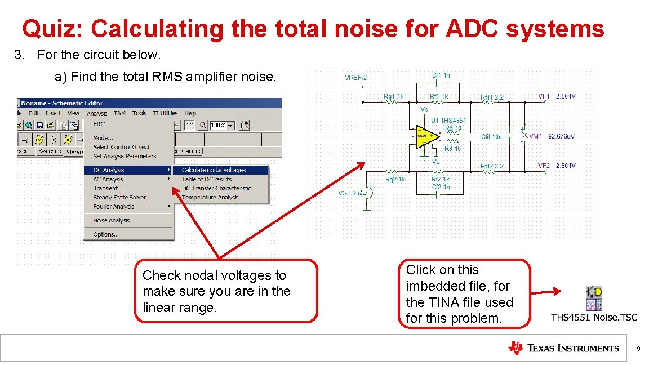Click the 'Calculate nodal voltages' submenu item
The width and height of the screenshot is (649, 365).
click(x=214, y=170)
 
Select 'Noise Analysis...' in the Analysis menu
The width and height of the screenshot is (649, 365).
click(x=113, y=221)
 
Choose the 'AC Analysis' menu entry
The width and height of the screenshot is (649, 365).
click(x=108, y=179)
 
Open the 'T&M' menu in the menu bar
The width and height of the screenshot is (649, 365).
click(x=119, y=113)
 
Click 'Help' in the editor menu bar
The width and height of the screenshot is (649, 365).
click(x=190, y=113)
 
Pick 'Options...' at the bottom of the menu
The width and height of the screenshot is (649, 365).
click(x=105, y=234)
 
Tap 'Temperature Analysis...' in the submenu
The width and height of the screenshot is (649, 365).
click(x=212, y=198)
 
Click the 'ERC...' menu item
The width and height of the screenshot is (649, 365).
click(x=101, y=124)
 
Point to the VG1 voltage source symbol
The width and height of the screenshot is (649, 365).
click(x=367, y=193)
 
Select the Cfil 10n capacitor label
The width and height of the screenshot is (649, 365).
click(x=491, y=137)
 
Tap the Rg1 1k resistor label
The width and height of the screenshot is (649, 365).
click(x=393, y=97)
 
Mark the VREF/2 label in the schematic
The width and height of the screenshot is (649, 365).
click(x=355, y=78)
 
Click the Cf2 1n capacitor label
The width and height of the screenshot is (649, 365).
click(x=441, y=186)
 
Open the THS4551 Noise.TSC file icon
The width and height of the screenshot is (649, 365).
click(x=594, y=299)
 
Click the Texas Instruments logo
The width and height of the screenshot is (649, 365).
click(x=563, y=348)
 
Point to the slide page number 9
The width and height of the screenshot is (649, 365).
click(x=638, y=349)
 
